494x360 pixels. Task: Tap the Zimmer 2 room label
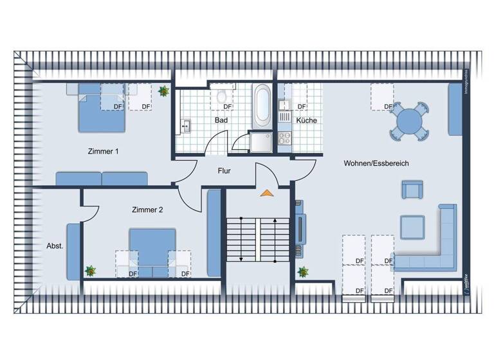tap(147, 210)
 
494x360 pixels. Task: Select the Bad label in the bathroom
tap(222, 120)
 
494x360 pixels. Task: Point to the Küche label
tap(306, 120)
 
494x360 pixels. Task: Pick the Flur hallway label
tap(224, 171)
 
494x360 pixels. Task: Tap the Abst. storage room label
tap(55, 246)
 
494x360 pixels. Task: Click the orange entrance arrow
tap(266, 192)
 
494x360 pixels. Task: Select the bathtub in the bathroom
tap(262, 105)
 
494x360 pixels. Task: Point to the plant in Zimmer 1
tap(164, 92)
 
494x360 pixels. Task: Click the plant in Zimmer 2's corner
tap(91, 271)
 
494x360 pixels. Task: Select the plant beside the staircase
tap(302, 271)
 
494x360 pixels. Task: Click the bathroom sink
tap(185, 125)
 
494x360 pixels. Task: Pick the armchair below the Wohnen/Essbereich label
tap(412, 190)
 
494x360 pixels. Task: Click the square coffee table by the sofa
tap(412, 227)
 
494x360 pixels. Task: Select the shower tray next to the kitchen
tap(261, 142)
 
